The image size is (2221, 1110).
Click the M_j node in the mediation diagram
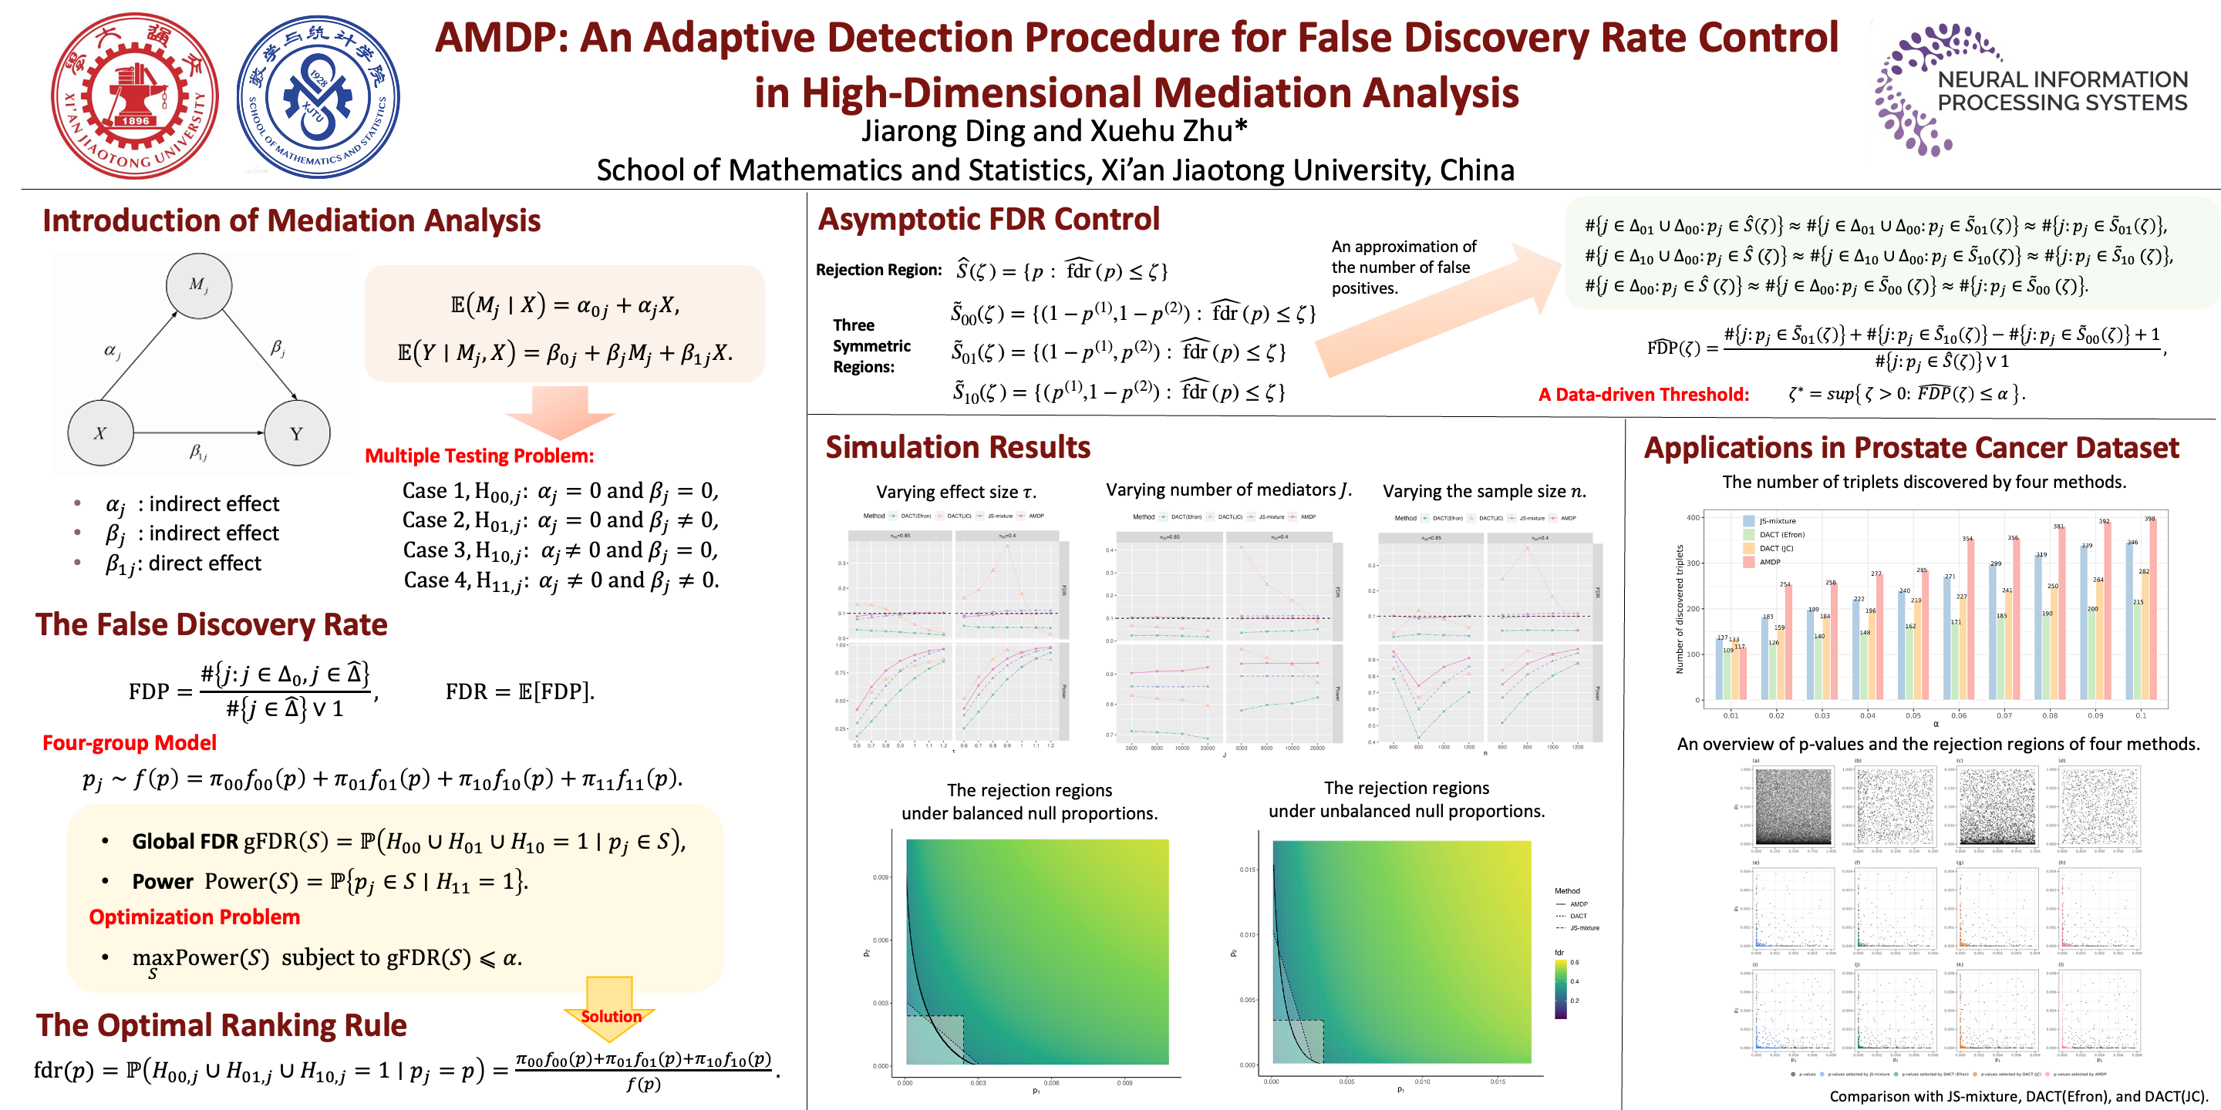[198, 285]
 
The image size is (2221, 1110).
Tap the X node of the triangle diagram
[101, 432]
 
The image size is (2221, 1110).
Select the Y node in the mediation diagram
[297, 432]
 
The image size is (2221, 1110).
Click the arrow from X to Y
[198, 432]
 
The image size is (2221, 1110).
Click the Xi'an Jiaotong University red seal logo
[134, 96]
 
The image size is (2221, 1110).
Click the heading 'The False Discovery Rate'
[211, 624]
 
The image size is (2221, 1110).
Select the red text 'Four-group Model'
[130, 743]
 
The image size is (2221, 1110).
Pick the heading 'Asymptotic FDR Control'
[989, 220]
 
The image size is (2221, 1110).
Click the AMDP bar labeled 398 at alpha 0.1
[2153, 610]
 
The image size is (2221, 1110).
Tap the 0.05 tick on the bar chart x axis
[1913, 715]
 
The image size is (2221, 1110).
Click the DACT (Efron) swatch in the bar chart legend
[1748, 535]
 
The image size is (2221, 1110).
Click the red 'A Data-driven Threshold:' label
[1643, 395]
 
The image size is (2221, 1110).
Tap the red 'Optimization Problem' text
[194, 917]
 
